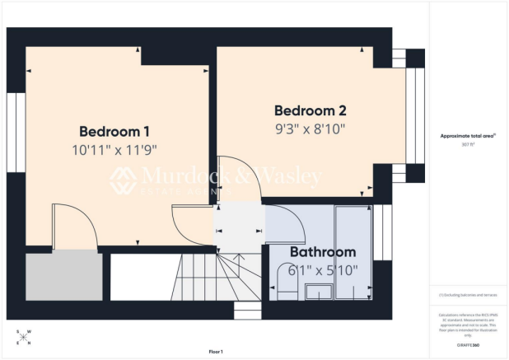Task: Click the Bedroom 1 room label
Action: (114, 131)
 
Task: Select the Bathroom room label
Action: (322, 252)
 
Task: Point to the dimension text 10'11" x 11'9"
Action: (114, 150)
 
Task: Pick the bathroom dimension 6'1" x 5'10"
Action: (322, 270)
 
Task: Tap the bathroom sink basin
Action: (317, 291)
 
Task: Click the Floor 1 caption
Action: (216, 352)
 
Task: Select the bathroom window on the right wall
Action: (381, 233)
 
